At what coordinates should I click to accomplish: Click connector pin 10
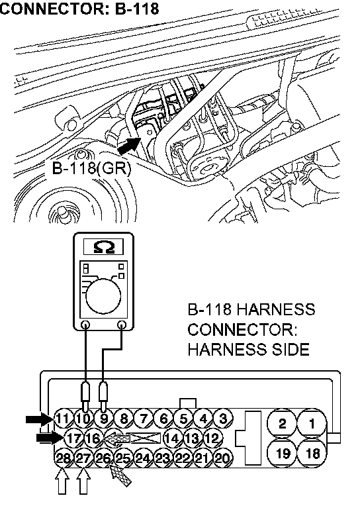[83, 419]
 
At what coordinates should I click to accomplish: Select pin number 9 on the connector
[103, 419]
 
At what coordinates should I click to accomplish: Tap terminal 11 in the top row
[64, 419]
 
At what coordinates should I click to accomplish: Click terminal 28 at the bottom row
[64, 458]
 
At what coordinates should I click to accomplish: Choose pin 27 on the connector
[83, 458]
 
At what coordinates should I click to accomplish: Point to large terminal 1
[312, 423]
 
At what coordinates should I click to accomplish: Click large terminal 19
[283, 453]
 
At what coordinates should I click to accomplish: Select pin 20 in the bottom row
[222, 458]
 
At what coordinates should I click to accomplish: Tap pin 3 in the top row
[223, 419]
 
